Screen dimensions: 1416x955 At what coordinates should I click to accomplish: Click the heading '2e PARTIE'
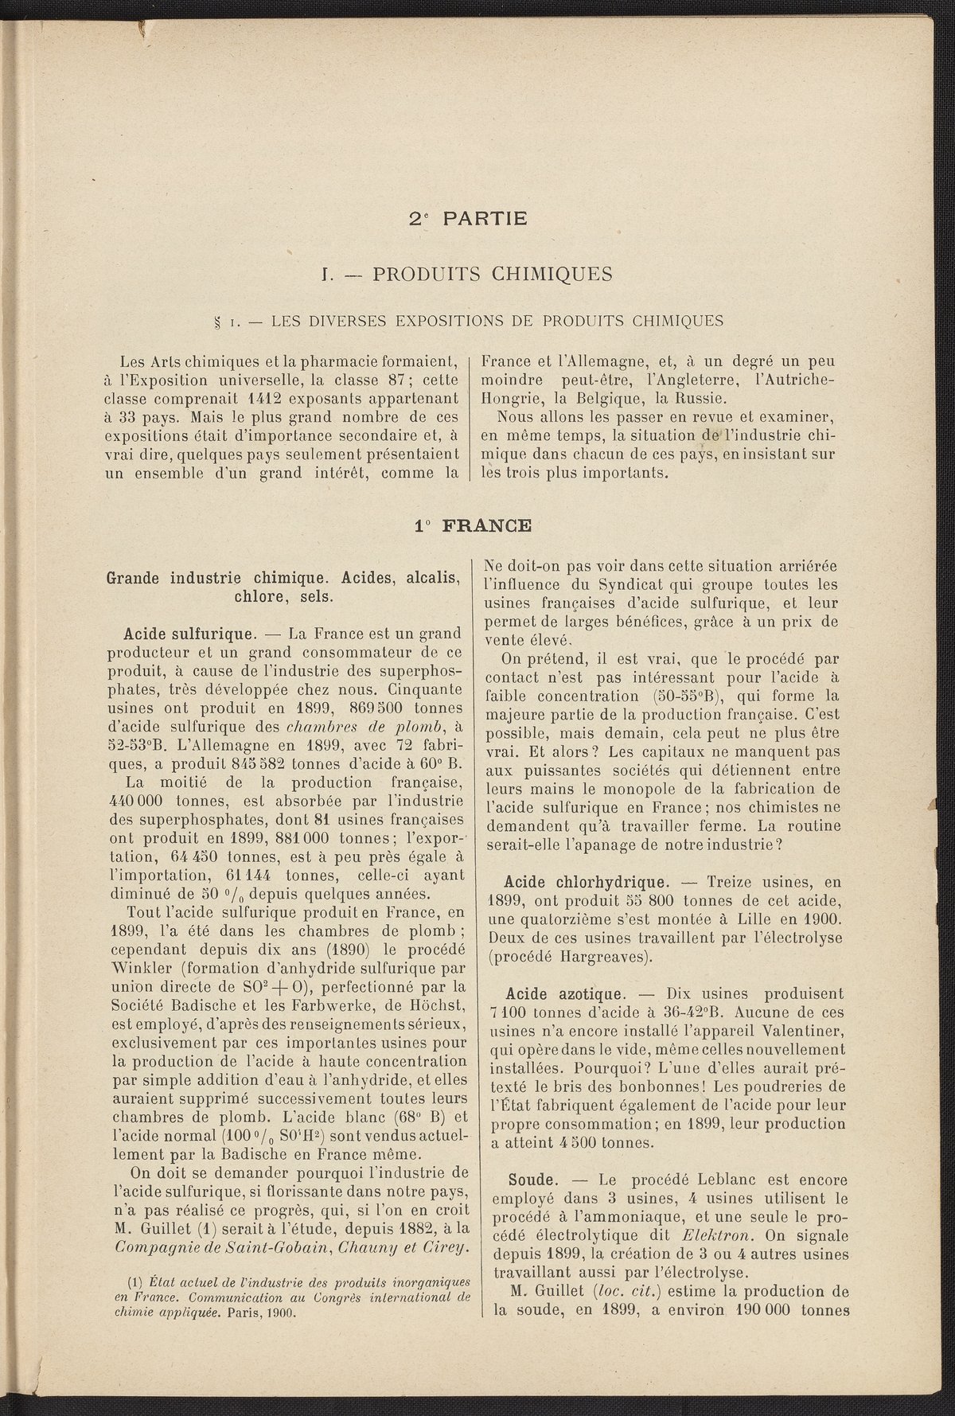coord(468,217)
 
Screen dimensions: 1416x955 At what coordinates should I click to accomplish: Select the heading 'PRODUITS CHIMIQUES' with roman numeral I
coord(466,275)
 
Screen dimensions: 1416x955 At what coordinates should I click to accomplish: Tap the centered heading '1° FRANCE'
coord(473,525)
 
